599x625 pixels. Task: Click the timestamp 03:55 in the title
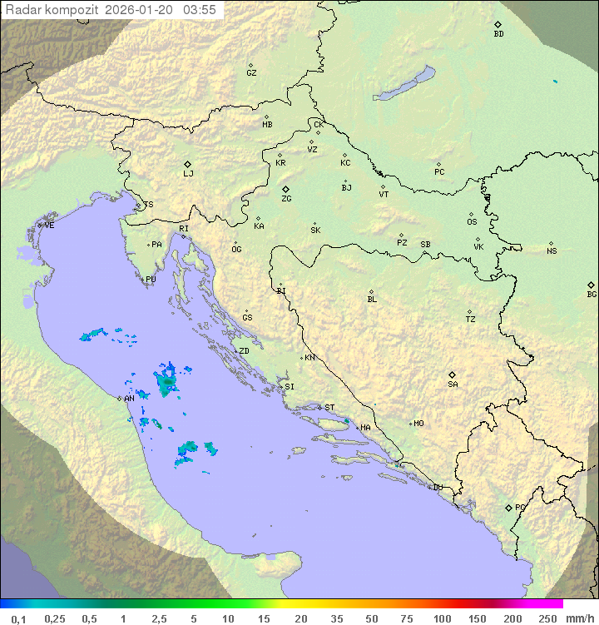pyautogui.click(x=200, y=9)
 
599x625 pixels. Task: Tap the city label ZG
pyautogui.click(x=286, y=199)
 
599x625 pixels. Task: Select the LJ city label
pyautogui.click(x=188, y=174)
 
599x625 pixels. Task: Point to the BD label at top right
pyautogui.click(x=498, y=34)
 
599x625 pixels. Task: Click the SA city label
pyautogui.click(x=453, y=384)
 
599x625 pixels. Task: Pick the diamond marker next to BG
pyautogui.click(x=591, y=285)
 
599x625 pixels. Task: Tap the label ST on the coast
pyautogui.click(x=329, y=408)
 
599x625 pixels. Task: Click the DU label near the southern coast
pyautogui.click(x=438, y=488)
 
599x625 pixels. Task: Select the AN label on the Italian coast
pyautogui.click(x=129, y=399)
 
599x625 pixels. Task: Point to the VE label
pyautogui.click(x=49, y=226)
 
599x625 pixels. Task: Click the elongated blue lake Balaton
pyautogui.click(x=404, y=84)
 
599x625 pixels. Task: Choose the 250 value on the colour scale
pyautogui.click(x=547, y=618)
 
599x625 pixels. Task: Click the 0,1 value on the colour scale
pyautogui.click(x=19, y=618)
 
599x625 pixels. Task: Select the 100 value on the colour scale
pyautogui.click(x=442, y=618)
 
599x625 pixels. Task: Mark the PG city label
pyautogui.click(x=520, y=508)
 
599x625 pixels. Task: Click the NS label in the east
pyautogui.click(x=552, y=251)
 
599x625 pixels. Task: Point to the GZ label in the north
pyautogui.click(x=251, y=73)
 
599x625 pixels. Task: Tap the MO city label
pyautogui.click(x=418, y=424)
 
